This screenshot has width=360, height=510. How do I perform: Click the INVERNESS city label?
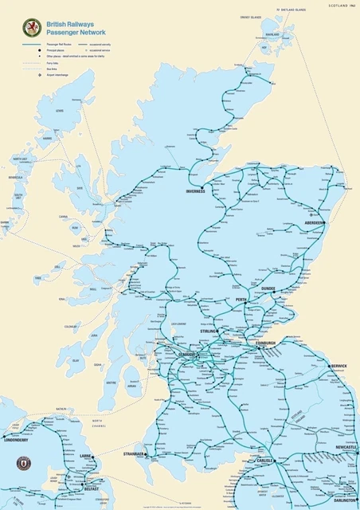[x=195, y=191]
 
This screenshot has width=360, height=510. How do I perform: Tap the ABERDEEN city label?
[x=315, y=223]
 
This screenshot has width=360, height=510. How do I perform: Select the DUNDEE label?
[x=268, y=288]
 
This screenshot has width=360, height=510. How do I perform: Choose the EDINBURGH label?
[x=265, y=343]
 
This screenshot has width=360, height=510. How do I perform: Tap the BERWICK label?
[x=339, y=366]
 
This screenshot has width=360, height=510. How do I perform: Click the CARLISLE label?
[x=265, y=461]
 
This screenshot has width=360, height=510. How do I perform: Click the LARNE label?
[x=85, y=457]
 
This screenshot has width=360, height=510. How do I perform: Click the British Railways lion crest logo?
[x=31, y=28]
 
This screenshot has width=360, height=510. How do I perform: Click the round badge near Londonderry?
[x=24, y=463]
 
